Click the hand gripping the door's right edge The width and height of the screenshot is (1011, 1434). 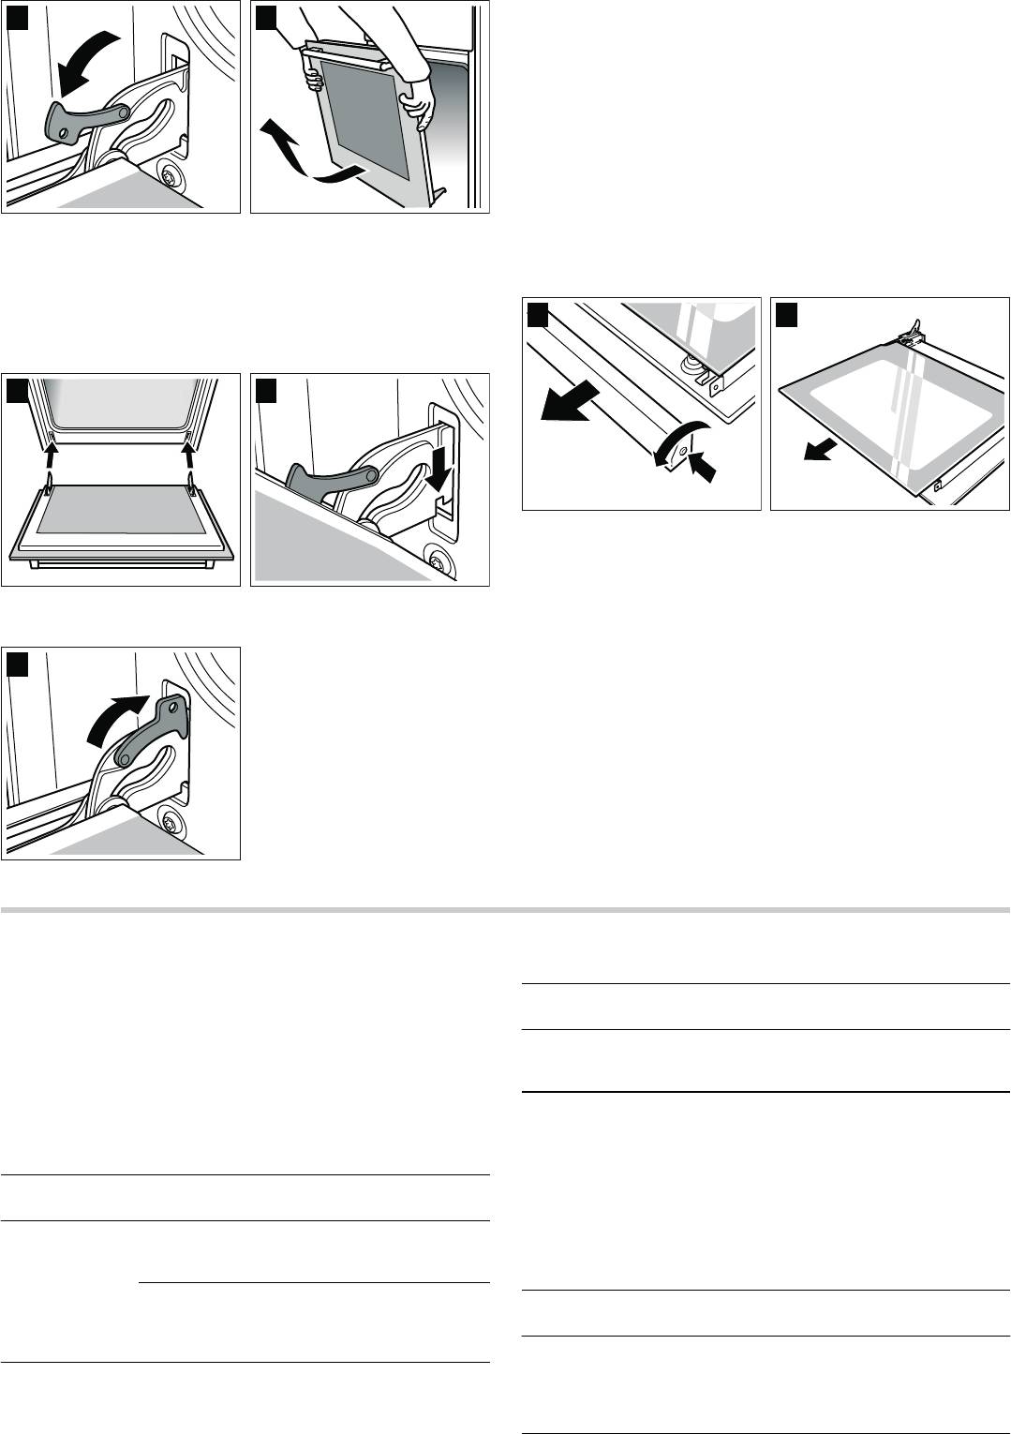(x=419, y=101)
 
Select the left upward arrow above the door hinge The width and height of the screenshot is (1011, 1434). (x=52, y=458)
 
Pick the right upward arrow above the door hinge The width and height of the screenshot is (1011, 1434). (x=191, y=458)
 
